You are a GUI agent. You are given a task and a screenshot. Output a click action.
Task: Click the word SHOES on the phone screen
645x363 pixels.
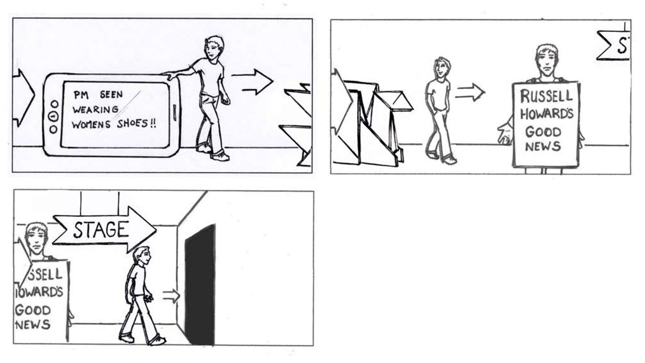tap(133, 124)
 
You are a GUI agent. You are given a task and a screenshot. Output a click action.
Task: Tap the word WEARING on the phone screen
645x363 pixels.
tap(96, 109)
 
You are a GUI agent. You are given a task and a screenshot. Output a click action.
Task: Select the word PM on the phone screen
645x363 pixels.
tap(81, 95)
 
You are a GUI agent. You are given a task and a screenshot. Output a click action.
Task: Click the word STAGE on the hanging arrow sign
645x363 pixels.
tap(100, 230)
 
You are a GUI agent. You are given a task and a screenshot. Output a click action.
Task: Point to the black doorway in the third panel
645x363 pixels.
tap(201, 285)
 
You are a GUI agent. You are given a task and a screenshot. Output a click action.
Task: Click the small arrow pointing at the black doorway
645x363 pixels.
tap(171, 296)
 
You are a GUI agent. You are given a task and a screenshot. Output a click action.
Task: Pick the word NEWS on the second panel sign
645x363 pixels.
tap(543, 146)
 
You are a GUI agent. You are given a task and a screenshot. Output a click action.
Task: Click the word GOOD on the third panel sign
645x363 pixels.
tap(33, 311)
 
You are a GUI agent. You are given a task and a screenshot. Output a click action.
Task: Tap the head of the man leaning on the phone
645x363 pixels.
tap(215, 49)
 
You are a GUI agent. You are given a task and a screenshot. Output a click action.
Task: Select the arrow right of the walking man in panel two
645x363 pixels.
tap(470, 92)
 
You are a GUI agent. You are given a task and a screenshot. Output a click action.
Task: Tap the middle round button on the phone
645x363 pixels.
tap(53, 116)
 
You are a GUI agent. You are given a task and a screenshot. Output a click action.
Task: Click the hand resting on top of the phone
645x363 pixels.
tap(170, 76)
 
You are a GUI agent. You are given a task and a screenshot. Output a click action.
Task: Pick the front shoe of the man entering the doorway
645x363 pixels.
tap(157, 341)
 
